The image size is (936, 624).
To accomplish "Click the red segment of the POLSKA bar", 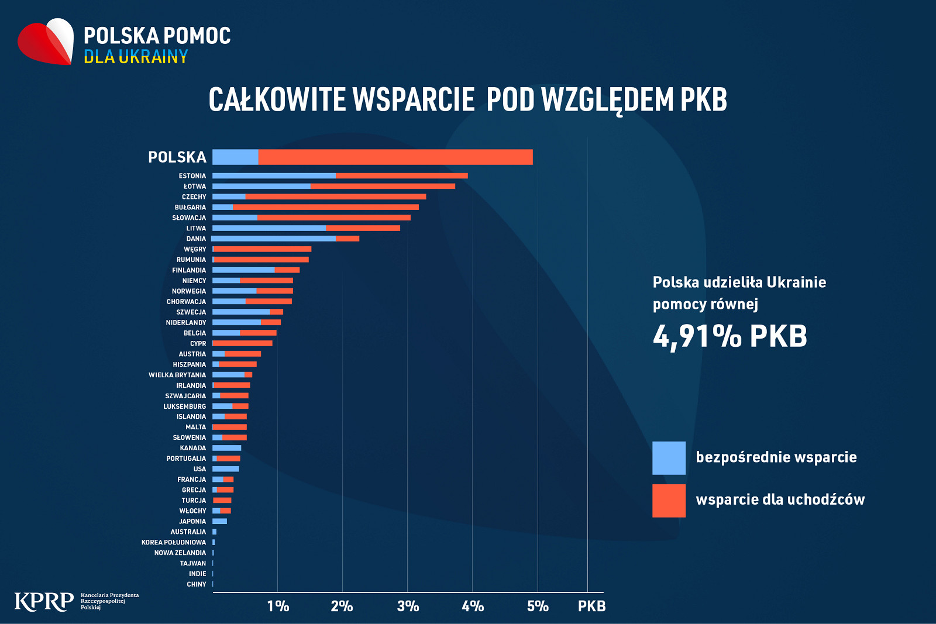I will [x=395, y=157].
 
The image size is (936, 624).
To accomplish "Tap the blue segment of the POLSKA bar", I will [x=235, y=157].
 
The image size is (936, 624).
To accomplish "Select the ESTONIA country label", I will [x=192, y=176].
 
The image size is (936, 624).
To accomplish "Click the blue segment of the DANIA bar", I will [x=273, y=239].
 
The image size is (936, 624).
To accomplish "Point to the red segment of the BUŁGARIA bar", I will [x=326, y=207].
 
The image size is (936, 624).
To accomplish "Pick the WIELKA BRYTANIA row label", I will [x=177, y=375].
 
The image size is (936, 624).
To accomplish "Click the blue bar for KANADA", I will [x=226, y=448].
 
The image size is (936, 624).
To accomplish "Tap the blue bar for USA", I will [x=226, y=469].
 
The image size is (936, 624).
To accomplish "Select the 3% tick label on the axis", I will [x=408, y=606].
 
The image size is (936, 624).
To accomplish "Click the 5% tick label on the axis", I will [x=538, y=606].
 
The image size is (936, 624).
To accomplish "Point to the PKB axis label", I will [x=591, y=606].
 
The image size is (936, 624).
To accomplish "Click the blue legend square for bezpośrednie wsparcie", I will [x=669, y=458].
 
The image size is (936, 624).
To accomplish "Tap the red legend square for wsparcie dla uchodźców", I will [x=669, y=501].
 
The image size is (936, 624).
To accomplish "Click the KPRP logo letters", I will [x=44, y=601].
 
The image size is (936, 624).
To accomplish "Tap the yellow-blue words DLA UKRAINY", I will [x=136, y=57].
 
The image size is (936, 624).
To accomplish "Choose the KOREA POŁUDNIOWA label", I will [x=174, y=543].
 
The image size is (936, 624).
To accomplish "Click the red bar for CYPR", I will [x=242, y=343].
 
